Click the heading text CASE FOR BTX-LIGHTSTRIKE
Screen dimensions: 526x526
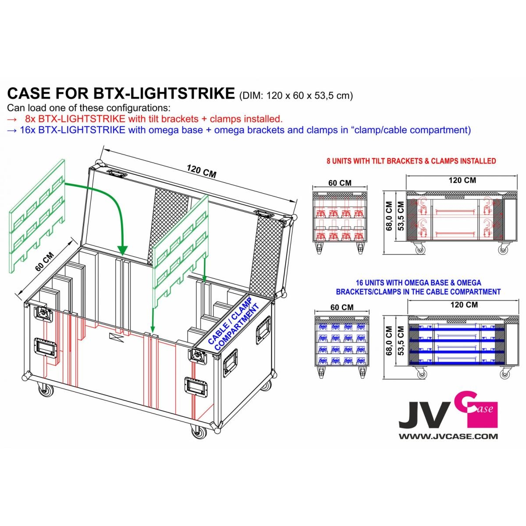tap(121, 93)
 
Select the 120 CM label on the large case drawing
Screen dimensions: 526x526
tap(201, 171)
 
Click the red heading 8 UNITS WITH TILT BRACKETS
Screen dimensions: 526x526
tap(411, 161)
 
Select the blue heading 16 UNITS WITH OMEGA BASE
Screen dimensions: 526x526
tap(418, 287)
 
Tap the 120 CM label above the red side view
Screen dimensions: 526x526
tap(462, 180)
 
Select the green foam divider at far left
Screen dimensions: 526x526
tap(37, 217)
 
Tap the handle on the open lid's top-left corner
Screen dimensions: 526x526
tap(118, 174)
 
